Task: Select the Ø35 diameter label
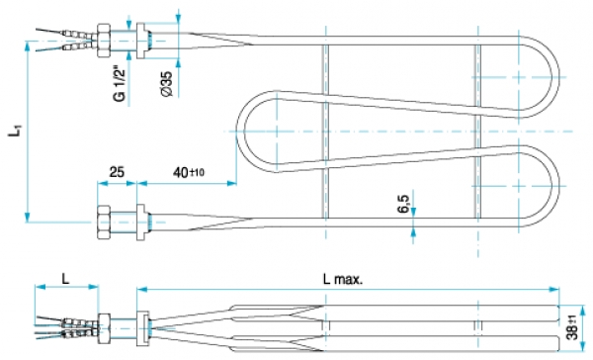[166, 84]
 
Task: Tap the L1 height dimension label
[16, 131]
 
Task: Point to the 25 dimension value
[117, 172]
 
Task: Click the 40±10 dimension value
[189, 172]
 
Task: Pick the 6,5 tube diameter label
[403, 204]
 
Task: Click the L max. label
[343, 279]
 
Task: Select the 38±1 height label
[573, 326]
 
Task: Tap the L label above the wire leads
[66, 279]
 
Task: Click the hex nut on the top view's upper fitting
[104, 41]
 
